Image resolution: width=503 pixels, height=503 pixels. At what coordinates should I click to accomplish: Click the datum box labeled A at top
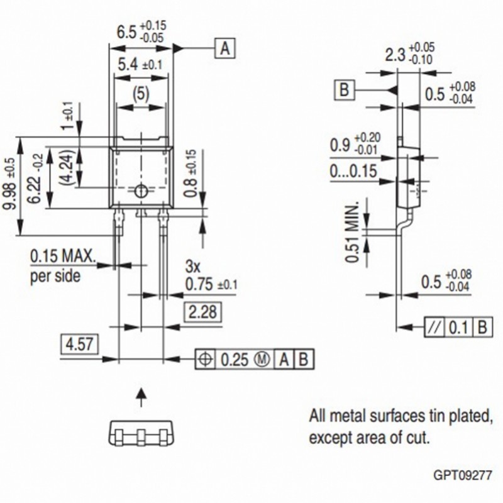[x=226, y=48]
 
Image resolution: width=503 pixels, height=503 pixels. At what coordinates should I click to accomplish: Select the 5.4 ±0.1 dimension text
[x=140, y=64]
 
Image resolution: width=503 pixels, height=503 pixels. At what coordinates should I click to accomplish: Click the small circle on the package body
[x=141, y=191]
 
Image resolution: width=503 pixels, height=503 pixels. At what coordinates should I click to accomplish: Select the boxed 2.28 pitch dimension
[x=202, y=311]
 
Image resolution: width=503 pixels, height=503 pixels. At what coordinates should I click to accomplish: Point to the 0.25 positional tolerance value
[x=235, y=360]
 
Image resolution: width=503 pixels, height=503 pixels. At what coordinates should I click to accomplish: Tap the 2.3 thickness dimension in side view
[x=394, y=55]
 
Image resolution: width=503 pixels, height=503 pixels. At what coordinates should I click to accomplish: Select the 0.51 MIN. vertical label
[x=353, y=233]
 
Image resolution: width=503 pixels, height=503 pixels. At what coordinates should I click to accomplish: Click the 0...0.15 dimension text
[x=353, y=171]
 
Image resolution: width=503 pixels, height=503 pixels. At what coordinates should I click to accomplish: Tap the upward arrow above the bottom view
[x=141, y=396]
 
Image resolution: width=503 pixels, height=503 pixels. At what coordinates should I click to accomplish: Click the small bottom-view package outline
[x=141, y=434]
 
